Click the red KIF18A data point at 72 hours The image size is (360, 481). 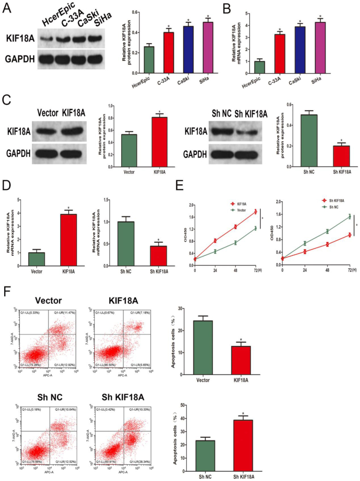coord(255,212)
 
